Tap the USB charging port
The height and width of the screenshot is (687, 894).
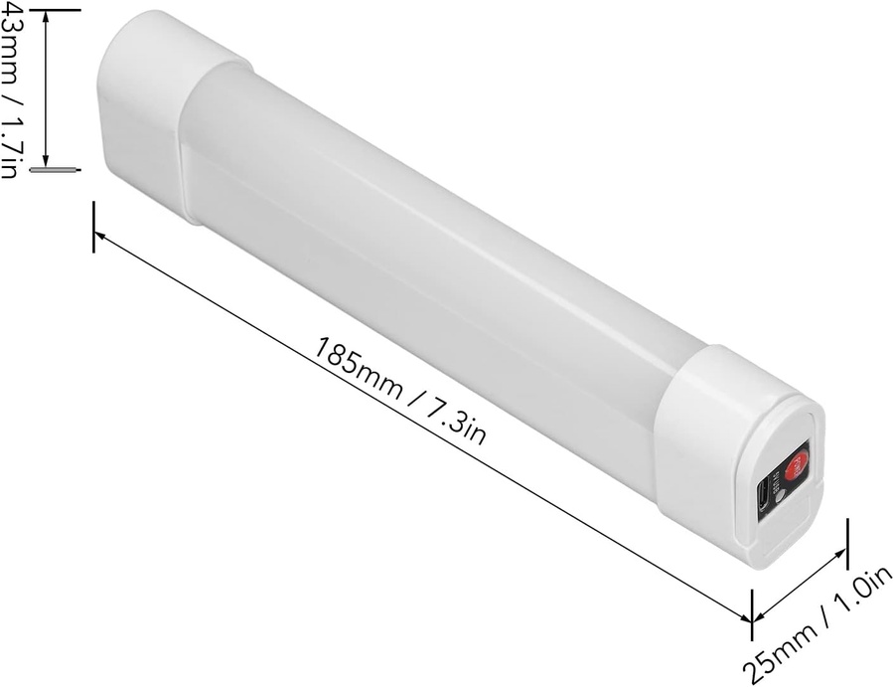click(x=764, y=494)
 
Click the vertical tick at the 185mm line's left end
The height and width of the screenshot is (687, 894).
click(x=94, y=227)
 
